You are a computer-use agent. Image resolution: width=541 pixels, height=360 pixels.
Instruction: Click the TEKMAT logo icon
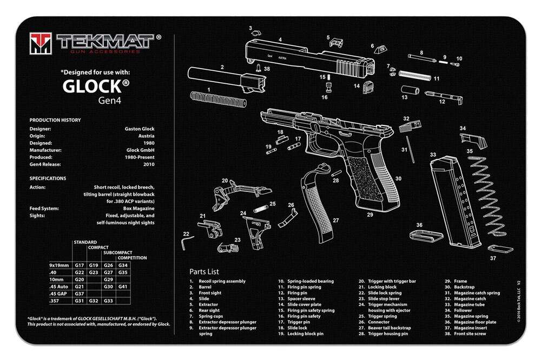click(x=41, y=43)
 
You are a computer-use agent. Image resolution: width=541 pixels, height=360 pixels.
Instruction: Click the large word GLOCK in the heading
click(x=93, y=86)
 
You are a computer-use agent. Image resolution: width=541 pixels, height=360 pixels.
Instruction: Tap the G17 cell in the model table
click(x=79, y=265)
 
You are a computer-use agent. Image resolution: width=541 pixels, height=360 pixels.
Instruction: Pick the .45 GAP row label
click(x=60, y=293)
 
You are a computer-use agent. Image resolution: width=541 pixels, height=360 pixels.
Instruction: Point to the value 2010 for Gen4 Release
click(x=149, y=164)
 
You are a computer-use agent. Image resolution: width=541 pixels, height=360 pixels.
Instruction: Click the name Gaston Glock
click(x=140, y=129)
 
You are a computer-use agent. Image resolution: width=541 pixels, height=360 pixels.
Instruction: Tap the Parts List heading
click(x=204, y=271)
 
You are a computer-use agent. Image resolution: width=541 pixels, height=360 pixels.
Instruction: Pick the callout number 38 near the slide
click(x=267, y=69)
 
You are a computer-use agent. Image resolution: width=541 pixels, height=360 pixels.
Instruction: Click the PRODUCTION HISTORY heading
click(x=55, y=120)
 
